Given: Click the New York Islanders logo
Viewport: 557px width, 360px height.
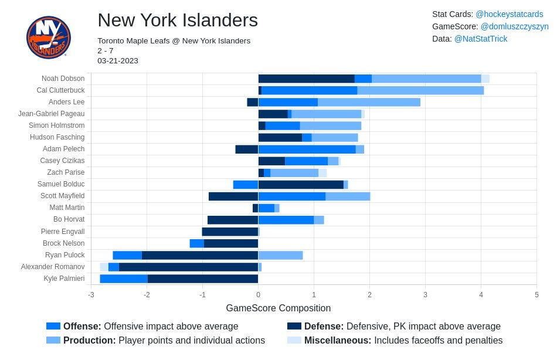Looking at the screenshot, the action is (x=49, y=37).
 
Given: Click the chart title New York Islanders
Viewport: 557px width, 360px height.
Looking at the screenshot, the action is (x=178, y=20).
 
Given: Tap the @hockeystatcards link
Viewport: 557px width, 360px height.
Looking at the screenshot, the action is (x=510, y=14).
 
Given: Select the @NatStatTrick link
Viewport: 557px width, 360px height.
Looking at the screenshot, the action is (x=481, y=39).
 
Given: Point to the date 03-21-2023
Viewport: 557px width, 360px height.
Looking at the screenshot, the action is (x=118, y=61).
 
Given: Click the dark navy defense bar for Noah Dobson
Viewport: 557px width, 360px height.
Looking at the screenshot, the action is (x=307, y=79).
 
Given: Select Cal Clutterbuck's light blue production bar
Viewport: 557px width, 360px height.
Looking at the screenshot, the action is (x=420, y=90).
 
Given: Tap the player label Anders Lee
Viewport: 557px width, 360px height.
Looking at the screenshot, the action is (x=66, y=102).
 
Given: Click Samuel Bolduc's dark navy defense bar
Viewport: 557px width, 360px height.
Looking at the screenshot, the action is (x=301, y=185).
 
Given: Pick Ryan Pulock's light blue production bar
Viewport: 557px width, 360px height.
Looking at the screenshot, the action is (x=281, y=255).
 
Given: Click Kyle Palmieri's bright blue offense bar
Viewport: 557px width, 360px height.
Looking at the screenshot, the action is (x=124, y=279).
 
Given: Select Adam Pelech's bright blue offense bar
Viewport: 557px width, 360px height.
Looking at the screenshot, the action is (x=307, y=150).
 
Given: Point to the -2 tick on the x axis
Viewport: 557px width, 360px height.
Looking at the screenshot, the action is (x=147, y=294).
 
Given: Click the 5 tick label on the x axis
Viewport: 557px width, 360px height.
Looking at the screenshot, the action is (x=536, y=294).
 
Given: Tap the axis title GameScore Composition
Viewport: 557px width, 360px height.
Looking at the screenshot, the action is (x=278, y=308).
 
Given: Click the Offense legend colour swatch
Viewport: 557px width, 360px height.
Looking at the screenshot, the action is (x=53, y=326).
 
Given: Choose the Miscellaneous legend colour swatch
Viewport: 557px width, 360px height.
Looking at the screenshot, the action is (x=294, y=340).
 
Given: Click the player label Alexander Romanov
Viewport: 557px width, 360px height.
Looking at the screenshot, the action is (x=53, y=267).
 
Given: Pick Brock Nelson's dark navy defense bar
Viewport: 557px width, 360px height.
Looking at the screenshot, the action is (x=231, y=243).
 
